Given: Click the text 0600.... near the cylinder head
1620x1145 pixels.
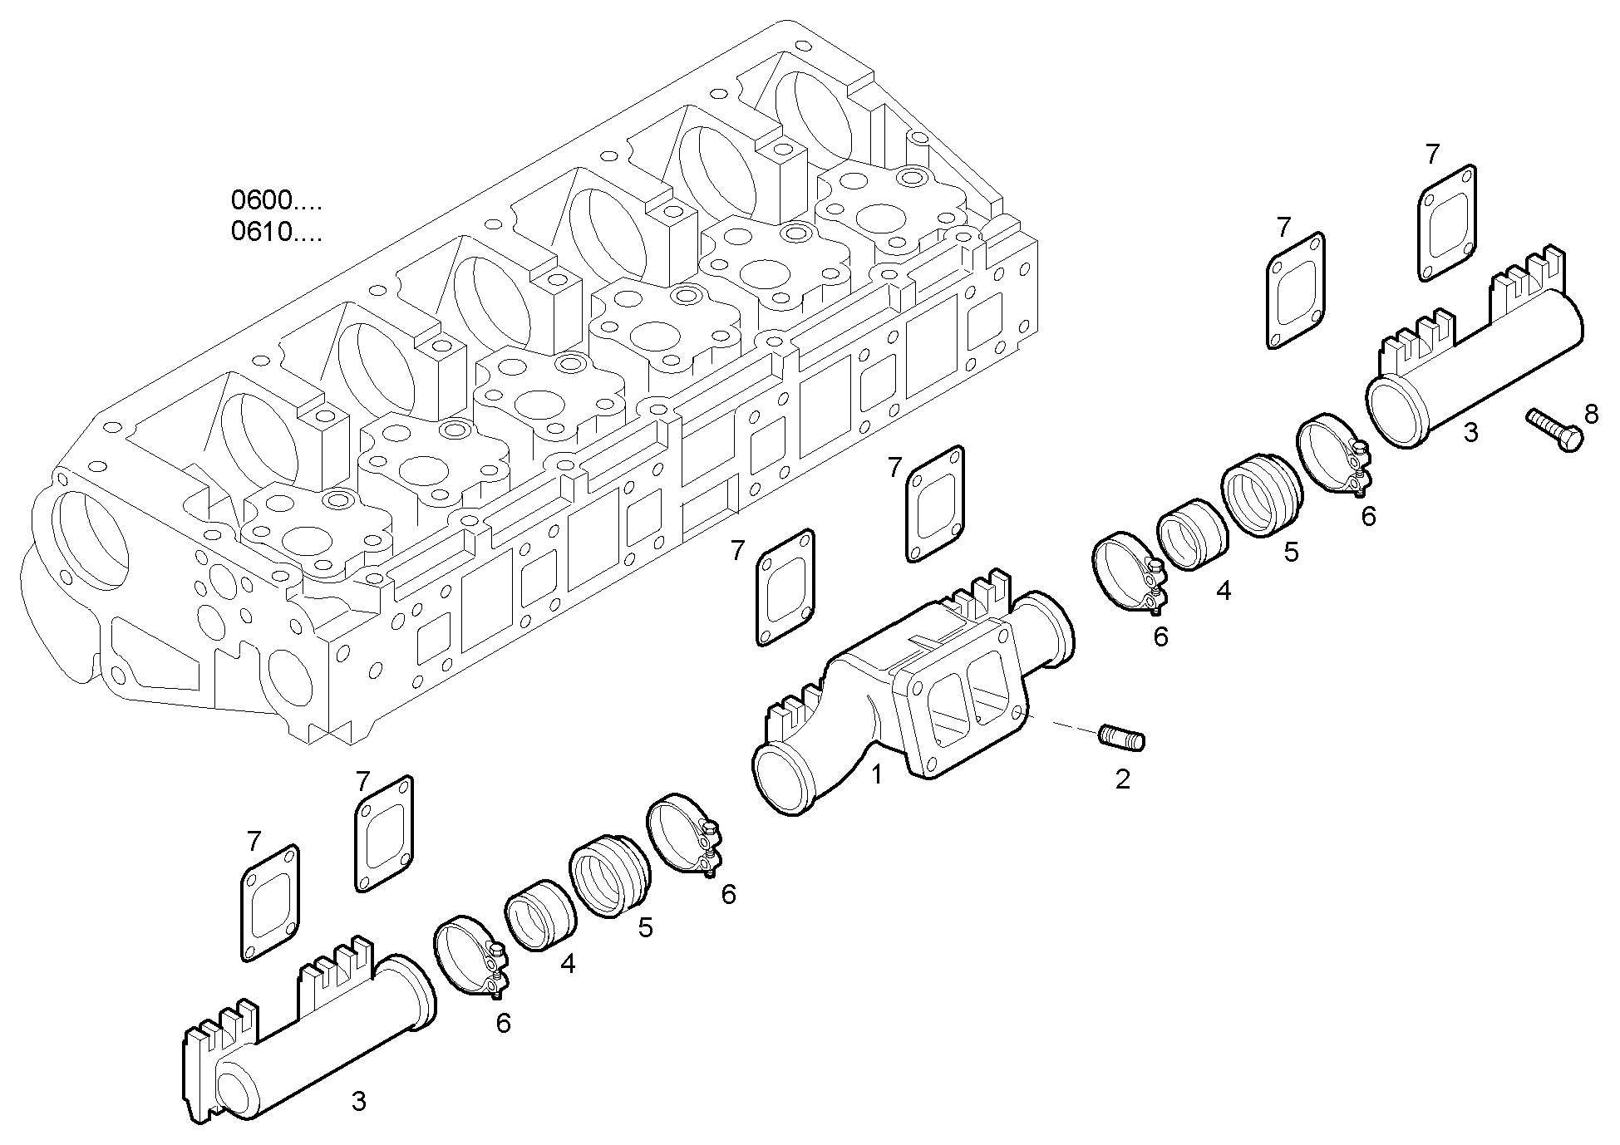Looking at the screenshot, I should point(275,200).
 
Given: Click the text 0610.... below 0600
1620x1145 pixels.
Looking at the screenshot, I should point(275,232).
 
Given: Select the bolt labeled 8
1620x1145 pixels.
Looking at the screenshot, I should point(1554,430).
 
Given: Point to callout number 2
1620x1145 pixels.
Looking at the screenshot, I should point(1122,779).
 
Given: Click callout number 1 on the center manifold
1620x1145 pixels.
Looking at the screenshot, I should point(876,775).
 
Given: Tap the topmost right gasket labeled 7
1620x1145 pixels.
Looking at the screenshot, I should point(1446,222).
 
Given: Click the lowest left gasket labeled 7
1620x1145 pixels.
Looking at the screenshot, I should point(270,904).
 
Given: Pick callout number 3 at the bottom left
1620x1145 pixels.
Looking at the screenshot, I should point(358,1102).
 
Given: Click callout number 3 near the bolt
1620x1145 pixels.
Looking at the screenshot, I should point(1470,432).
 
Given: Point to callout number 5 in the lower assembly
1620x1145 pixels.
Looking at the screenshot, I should point(645,928).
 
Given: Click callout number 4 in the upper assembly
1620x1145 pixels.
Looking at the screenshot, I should point(1223,591).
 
